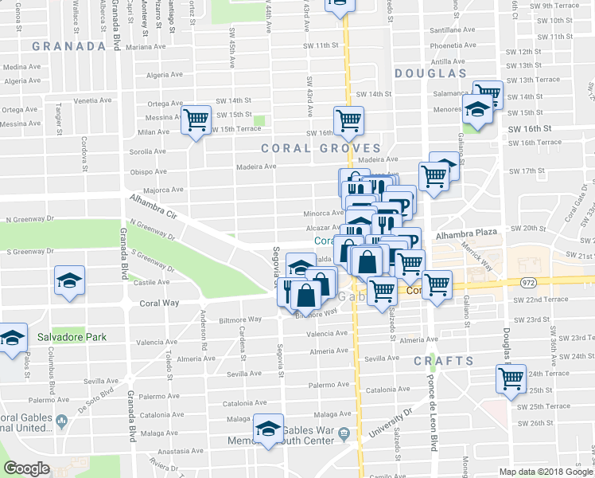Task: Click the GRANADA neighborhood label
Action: click(x=69, y=46)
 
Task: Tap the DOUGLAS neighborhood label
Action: click(x=430, y=73)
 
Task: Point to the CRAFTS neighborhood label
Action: click(x=443, y=361)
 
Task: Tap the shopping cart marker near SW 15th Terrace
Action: click(x=195, y=121)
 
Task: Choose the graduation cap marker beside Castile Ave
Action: click(x=68, y=280)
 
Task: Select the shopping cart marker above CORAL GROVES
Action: click(x=348, y=120)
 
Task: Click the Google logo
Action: click(x=26, y=468)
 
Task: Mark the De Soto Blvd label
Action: click(x=97, y=386)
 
